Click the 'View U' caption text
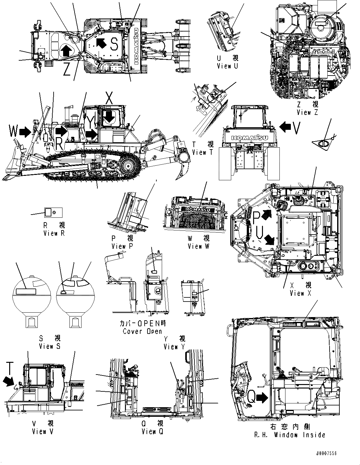click(227, 66)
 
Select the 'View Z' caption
click(307, 112)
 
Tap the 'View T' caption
click(203, 152)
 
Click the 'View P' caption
click(123, 246)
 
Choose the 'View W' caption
click(199, 246)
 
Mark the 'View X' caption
click(300, 293)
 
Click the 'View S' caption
click(49, 346)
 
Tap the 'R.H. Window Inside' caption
click(290, 435)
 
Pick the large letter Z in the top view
click(66, 70)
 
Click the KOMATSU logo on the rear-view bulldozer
click(250, 138)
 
